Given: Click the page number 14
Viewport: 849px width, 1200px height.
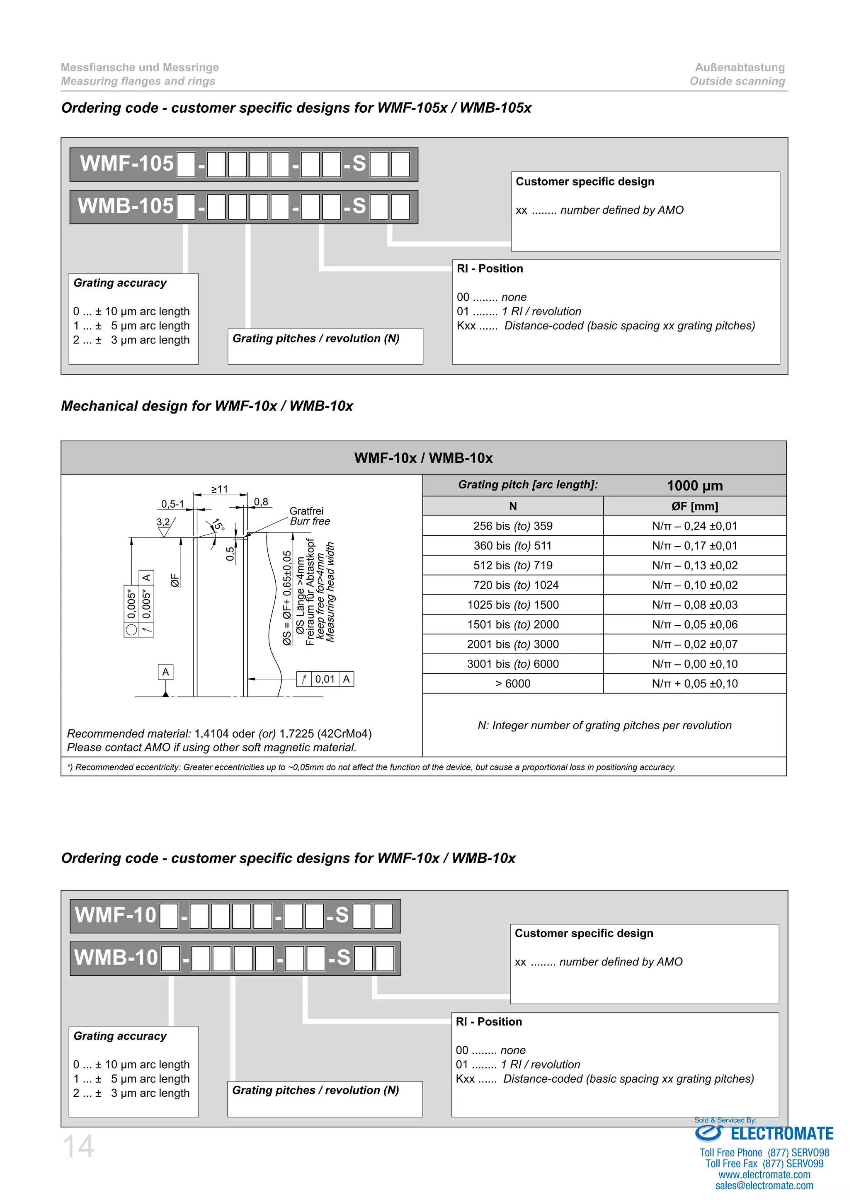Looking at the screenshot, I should [x=78, y=1147].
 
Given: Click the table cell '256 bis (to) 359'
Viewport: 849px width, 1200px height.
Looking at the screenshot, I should [x=513, y=526].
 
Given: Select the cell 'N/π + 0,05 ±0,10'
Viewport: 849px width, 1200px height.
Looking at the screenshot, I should [x=695, y=684].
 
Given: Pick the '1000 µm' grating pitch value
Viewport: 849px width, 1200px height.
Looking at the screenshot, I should [x=695, y=486].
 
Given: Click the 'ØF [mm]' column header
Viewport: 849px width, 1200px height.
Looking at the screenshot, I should [x=695, y=506].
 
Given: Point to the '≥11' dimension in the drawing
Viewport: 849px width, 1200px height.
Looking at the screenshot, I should [x=220, y=489].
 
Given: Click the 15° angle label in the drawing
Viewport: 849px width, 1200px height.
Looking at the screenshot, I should [x=218, y=525].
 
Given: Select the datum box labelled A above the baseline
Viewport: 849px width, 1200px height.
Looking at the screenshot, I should [x=166, y=672].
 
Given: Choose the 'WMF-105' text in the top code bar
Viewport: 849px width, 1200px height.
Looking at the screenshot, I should [x=126, y=164].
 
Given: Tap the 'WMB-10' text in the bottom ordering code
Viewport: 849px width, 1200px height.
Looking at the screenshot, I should [x=116, y=958].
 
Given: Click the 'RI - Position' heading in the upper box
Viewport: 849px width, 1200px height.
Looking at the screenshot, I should [x=490, y=269].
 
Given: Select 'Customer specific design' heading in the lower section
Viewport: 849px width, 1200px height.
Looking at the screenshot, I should [x=584, y=934].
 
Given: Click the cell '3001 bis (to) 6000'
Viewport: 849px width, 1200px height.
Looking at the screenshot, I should [x=513, y=664].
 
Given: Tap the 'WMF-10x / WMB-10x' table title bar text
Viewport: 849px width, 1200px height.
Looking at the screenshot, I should [x=423, y=458].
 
